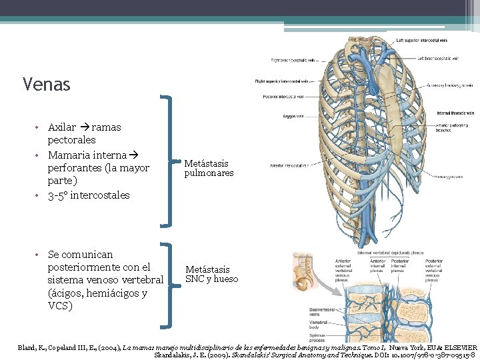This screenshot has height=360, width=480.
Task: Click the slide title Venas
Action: (x=46, y=85)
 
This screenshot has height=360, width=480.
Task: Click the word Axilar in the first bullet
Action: (x=62, y=127)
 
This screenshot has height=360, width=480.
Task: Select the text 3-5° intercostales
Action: (x=89, y=195)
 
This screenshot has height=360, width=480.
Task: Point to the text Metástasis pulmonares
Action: (x=208, y=168)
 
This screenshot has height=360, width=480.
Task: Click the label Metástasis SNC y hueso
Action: (x=211, y=274)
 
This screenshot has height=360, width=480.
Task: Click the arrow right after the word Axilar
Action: (x=83, y=127)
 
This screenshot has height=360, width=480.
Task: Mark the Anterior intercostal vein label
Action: (x=288, y=165)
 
